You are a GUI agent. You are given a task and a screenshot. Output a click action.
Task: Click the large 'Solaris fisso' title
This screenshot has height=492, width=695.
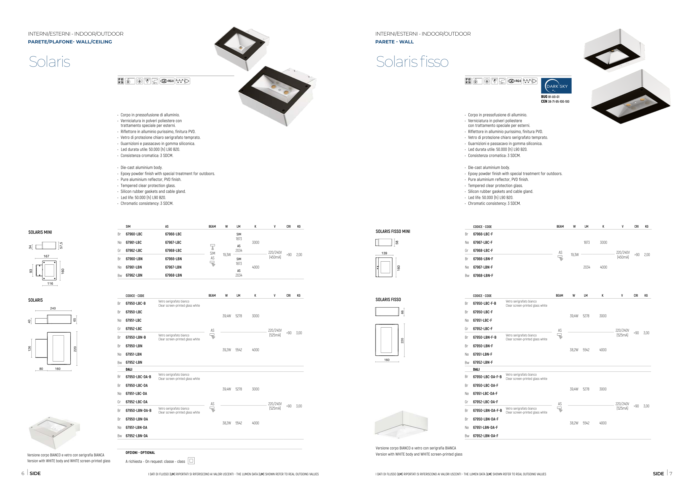click(x=412, y=61)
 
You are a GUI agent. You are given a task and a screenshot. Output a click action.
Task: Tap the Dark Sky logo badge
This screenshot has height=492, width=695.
click(x=556, y=86)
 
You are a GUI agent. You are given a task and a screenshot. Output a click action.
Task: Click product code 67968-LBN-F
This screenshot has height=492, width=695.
click(x=483, y=276)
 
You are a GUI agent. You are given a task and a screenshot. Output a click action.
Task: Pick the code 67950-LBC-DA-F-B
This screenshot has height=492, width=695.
click(x=487, y=377)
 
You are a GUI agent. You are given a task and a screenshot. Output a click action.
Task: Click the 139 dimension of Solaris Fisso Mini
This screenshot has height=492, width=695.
click(x=384, y=253)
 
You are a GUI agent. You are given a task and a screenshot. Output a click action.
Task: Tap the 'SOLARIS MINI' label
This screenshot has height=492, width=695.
click(x=40, y=232)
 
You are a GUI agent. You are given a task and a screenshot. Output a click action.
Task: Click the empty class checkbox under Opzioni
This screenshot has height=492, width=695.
click(x=191, y=461)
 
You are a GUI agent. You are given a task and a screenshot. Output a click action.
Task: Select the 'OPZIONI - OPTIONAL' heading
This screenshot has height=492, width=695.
click(x=140, y=452)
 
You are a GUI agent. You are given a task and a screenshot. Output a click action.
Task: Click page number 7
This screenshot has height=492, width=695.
click(x=671, y=474)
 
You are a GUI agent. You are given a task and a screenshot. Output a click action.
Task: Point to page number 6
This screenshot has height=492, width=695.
click(x=23, y=474)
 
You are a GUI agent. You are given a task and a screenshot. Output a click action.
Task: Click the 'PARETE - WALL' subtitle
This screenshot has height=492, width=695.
click(x=394, y=42)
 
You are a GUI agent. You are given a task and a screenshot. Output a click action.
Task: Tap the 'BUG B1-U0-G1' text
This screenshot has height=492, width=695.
click(x=550, y=97)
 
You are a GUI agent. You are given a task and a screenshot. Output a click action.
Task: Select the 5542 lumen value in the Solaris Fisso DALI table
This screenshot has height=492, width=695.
click(x=586, y=423)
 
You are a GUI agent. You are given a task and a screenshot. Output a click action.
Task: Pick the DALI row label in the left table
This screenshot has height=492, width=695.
click(x=129, y=369)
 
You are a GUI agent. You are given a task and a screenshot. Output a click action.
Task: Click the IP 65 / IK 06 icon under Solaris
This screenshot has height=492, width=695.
click(x=120, y=81)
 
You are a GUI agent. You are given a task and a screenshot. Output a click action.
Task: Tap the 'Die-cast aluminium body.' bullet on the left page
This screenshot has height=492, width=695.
click(x=141, y=168)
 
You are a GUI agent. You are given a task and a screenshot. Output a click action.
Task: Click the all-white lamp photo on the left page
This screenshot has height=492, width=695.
click(x=54, y=432)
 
